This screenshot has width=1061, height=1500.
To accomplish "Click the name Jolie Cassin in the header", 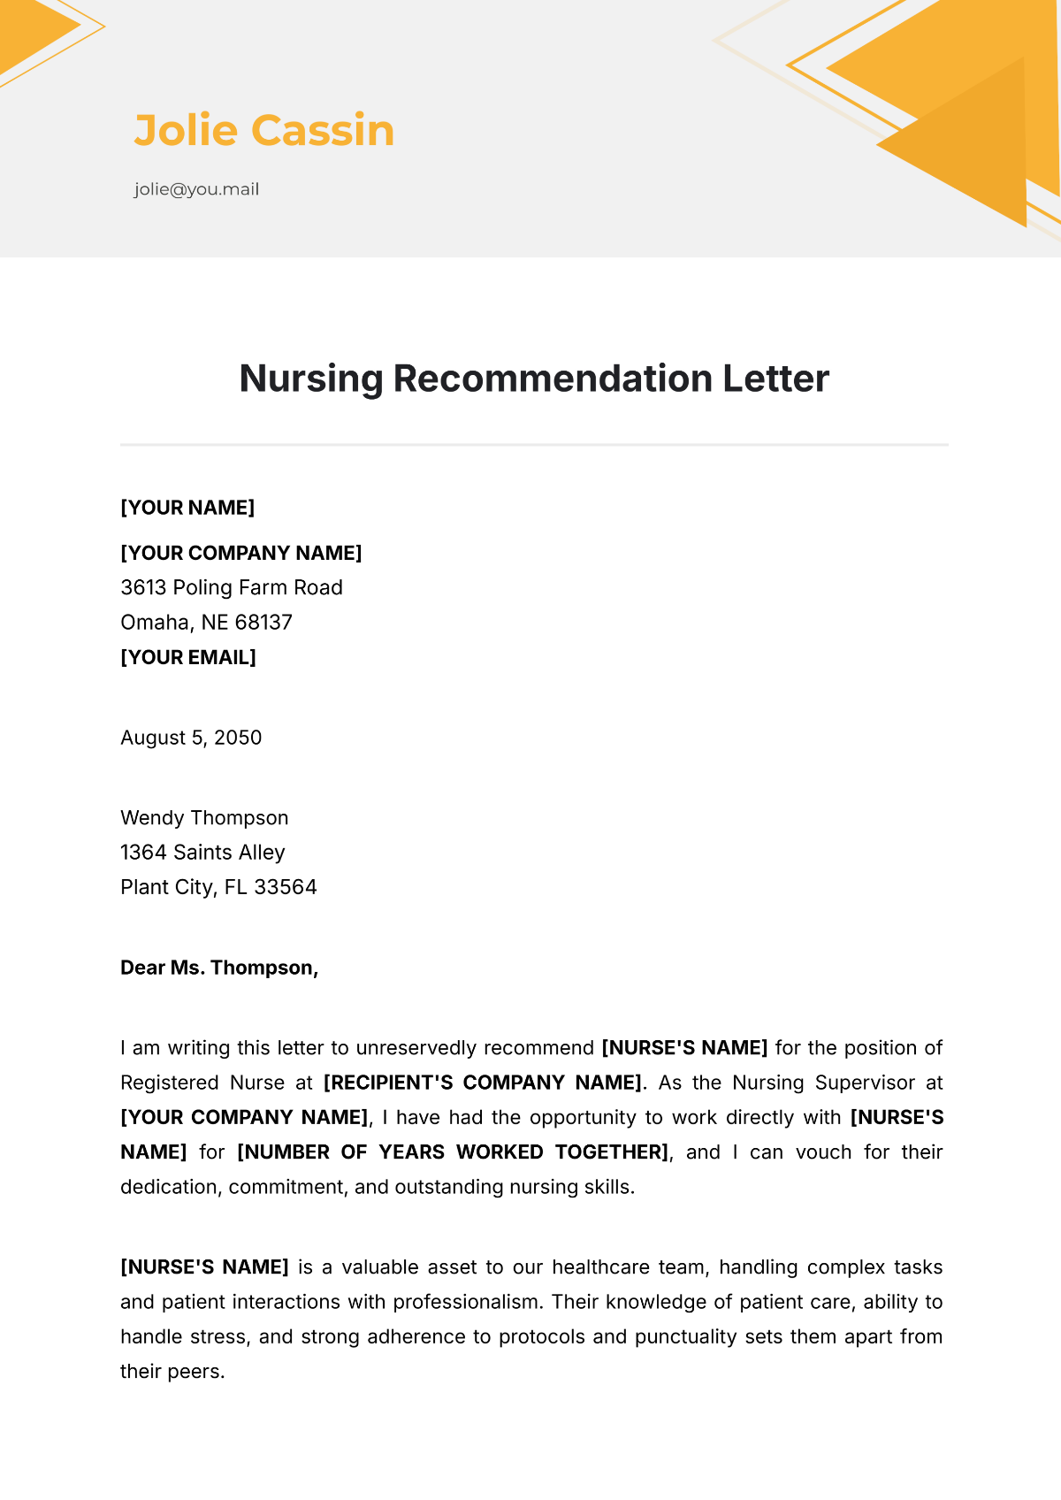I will point(263,131).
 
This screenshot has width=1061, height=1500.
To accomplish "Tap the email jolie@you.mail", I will point(196,189).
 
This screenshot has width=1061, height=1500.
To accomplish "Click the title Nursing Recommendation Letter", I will point(534,379).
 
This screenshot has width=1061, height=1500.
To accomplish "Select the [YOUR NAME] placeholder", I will point(187,508).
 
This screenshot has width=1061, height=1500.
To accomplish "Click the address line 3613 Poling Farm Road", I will point(232,588).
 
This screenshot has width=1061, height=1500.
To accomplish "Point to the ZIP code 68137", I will point(263,623).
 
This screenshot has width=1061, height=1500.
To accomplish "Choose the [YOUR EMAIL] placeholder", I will point(188,657).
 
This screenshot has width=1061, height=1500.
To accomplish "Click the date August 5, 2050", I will point(191,738).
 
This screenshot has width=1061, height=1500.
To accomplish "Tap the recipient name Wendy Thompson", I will point(204,818).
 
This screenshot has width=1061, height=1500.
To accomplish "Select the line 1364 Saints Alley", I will point(202,853).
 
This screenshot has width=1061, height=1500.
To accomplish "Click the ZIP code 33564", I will point(285,887).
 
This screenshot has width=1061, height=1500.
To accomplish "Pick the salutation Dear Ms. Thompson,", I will point(219,968).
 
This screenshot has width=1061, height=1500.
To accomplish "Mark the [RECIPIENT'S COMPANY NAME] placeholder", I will point(483,1083).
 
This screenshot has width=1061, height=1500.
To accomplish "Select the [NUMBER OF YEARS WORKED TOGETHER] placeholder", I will point(453,1152).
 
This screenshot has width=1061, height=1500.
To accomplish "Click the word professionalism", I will point(466,1302).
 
